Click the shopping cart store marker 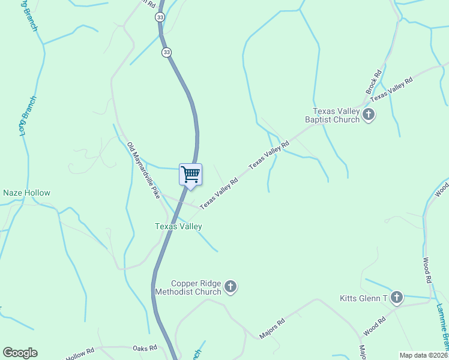click(190, 175)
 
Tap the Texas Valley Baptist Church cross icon click(369, 115)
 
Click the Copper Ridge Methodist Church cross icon click(231, 287)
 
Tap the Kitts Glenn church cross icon click(396, 297)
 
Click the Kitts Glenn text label click(363, 298)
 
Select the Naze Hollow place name click(26, 193)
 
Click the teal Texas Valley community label click(178, 226)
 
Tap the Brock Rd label click(373, 82)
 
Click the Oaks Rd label click(144, 348)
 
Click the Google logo click(20, 353)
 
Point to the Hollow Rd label click(80, 355)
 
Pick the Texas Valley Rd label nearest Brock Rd click(391, 89)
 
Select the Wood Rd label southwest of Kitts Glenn click(373, 328)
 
